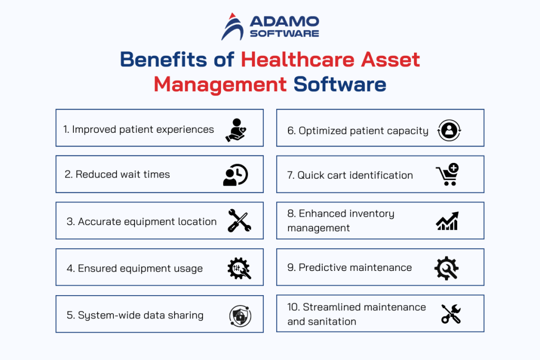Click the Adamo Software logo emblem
tap(232, 26)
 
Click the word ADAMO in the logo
tap(284, 22)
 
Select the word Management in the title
tap(220, 84)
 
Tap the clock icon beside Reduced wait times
tap(235, 176)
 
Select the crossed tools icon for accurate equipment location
tap(239, 221)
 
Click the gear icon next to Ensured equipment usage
tap(239, 268)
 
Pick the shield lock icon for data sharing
tap(240, 316)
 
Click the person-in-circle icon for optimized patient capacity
tap(449, 130)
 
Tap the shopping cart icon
tap(447, 175)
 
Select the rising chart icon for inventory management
tap(447, 221)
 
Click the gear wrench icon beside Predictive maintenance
tap(446, 268)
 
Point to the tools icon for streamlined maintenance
tap(450, 314)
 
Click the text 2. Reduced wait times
tap(117, 174)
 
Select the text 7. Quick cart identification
tap(350, 176)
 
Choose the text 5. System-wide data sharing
tap(135, 315)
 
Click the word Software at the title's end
tap(340, 84)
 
